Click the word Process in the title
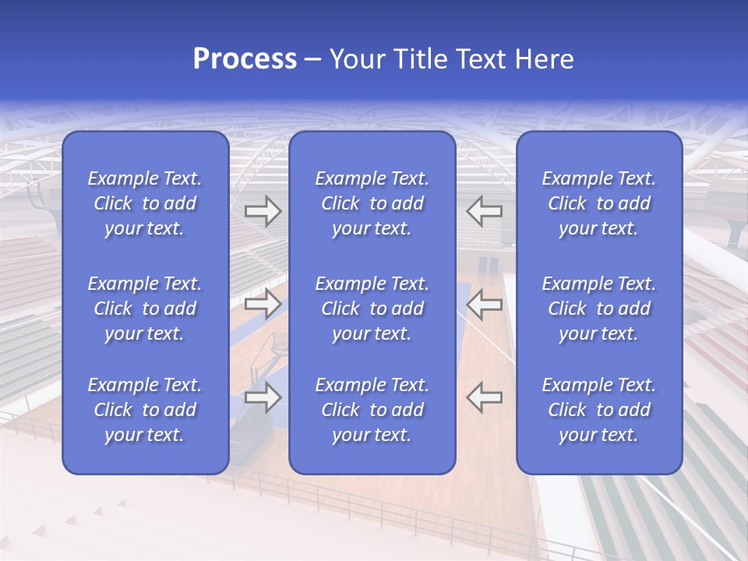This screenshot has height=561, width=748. click(x=245, y=59)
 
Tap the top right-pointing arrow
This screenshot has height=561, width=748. click(x=263, y=211)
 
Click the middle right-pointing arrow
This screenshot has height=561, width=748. click(x=263, y=304)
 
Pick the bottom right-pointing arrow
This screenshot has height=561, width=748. click(x=263, y=397)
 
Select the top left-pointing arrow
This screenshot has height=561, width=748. click(x=484, y=211)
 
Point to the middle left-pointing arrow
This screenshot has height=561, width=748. click(x=484, y=304)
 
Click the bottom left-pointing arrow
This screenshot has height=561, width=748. click(x=484, y=397)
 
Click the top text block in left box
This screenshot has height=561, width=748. click(x=145, y=203)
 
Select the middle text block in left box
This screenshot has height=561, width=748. click(x=145, y=309)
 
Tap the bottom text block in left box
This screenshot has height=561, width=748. click(x=145, y=410)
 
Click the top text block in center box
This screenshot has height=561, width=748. click(x=372, y=203)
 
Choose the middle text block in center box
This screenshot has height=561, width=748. click(x=372, y=309)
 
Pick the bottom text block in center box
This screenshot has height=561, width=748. click(x=372, y=410)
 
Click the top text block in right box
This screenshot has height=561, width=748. click(x=599, y=203)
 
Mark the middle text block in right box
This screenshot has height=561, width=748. click(x=599, y=309)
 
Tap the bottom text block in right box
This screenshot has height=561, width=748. click(x=599, y=410)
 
